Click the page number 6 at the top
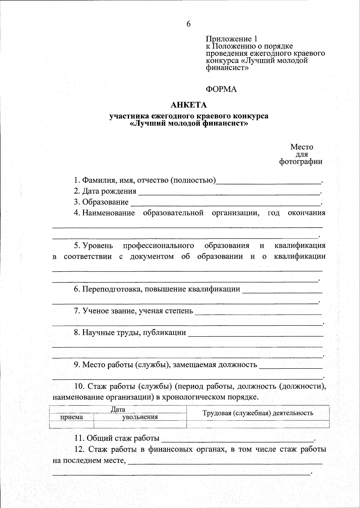coord(188,24)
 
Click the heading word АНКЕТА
coord(189,105)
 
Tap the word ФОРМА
coord(221,89)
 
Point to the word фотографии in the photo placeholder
coord(301,162)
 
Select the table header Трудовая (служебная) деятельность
coord(258,413)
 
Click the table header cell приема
coord(72,417)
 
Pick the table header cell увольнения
coord(140,417)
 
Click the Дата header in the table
coord(118,409)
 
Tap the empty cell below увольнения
coord(140,424)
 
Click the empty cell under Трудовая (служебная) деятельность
coord(258,424)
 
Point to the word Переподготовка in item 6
coord(110,289)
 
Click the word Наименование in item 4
coord(109,213)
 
